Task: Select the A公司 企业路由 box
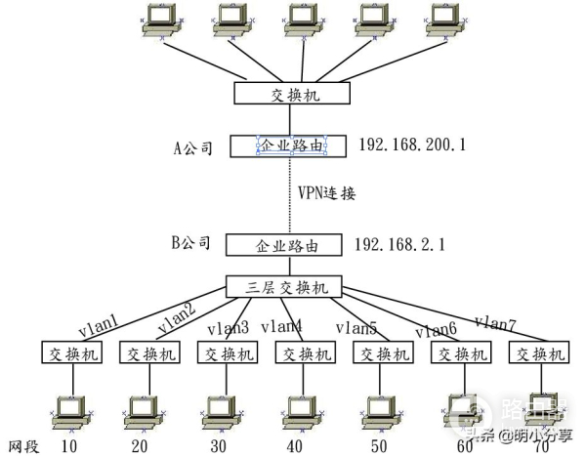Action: pos(291,146)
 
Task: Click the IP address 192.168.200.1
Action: pos(412,145)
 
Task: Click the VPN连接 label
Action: pos(326,193)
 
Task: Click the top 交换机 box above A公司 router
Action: pos(291,94)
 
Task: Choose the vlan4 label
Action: pos(281,325)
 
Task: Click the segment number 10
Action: pos(69,446)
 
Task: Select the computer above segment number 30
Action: pos(223,412)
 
